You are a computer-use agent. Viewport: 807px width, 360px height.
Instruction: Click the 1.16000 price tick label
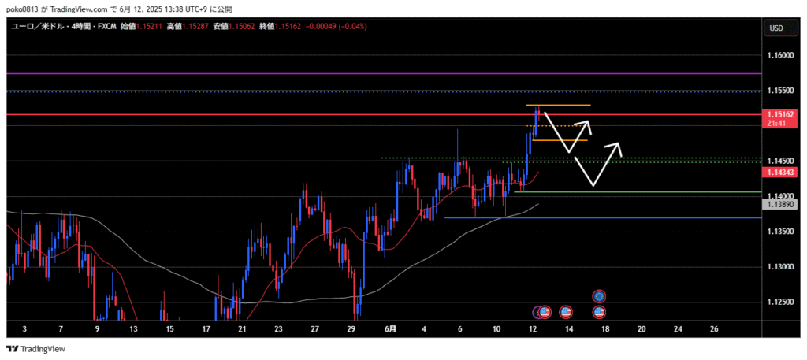coord(779,55)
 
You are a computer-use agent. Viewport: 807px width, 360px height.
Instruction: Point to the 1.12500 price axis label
coord(779,302)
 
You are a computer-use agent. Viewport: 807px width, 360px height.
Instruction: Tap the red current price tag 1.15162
coord(779,115)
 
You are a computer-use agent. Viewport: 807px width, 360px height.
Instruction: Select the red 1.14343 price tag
coord(779,171)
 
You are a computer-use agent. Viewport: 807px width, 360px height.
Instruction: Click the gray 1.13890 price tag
coord(779,204)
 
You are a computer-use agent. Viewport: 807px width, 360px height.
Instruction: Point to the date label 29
coord(351,328)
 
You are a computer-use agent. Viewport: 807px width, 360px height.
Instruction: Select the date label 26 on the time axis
coord(714,328)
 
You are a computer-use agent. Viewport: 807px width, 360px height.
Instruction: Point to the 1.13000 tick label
coord(779,267)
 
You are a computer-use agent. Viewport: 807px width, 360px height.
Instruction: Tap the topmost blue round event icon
coord(600,295)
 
